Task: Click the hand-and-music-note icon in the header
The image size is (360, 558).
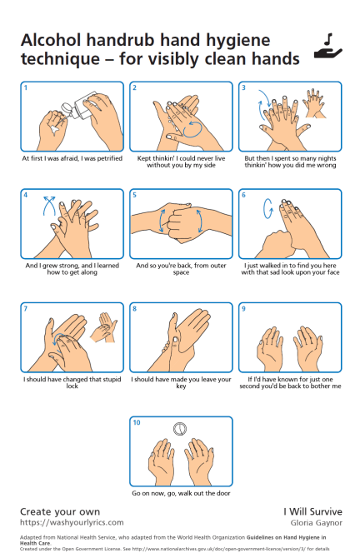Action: click(327, 47)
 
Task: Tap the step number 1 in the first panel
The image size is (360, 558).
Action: click(26, 87)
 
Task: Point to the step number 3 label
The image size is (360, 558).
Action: click(243, 87)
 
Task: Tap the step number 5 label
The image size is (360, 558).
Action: click(135, 196)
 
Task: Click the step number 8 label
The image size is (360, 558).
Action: click(135, 308)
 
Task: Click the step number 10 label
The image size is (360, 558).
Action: click(137, 423)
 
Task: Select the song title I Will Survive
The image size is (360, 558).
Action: click(312, 511)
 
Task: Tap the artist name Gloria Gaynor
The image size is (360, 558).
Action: click(315, 522)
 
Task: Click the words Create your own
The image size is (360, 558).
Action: click(59, 511)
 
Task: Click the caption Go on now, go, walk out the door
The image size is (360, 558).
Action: click(180, 493)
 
